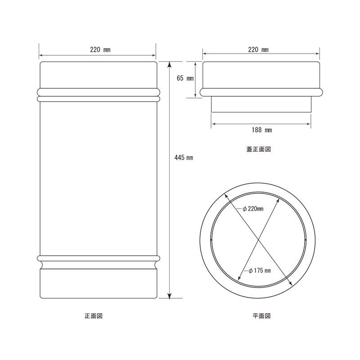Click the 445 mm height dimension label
click(184, 157)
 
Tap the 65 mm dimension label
click(185, 78)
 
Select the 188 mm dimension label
click(261, 130)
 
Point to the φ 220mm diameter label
click(253, 209)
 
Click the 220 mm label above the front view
click(100, 49)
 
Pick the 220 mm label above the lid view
click(258, 49)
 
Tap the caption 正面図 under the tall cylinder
click(94, 316)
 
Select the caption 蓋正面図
click(258, 149)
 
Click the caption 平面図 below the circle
click(261, 316)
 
